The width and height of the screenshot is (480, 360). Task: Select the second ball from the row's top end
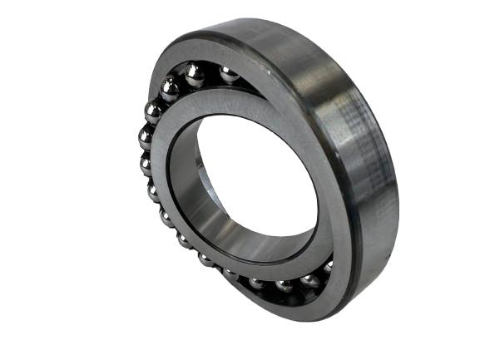click(195, 75)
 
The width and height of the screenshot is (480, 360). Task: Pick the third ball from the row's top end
click(169, 87)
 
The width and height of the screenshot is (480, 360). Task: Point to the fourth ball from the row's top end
click(153, 111)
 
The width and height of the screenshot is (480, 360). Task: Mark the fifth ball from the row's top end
click(146, 136)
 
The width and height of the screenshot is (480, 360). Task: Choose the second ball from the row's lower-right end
click(309, 282)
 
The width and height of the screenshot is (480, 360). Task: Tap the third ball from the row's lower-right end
click(284, 285)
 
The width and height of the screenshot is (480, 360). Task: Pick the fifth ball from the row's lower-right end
click(231, 274)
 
